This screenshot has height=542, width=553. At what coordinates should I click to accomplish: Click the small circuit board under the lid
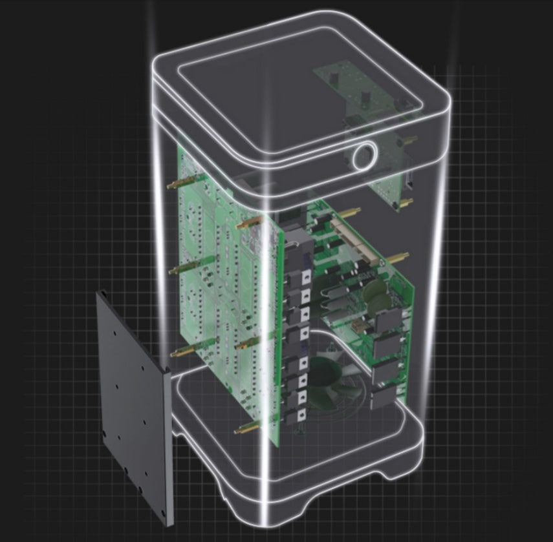[x=359, y=97]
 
